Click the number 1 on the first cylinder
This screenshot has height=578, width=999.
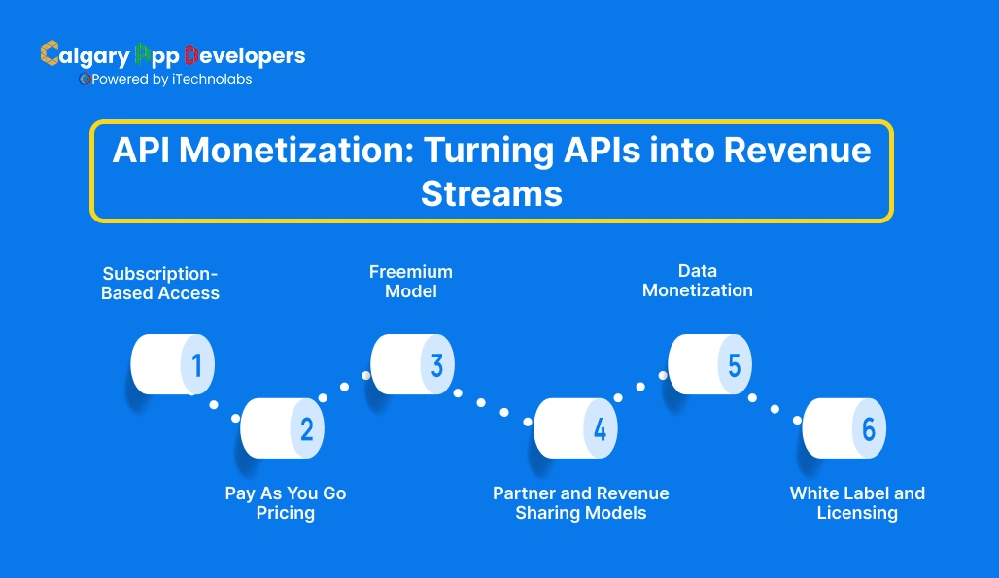pos(197,365)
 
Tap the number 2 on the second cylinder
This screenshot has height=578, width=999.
pos(307,428)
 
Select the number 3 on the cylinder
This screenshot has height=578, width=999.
pos(437,365)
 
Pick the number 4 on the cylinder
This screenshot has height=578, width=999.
pos(601,428)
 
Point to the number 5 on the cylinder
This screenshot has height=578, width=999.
pos(735,365)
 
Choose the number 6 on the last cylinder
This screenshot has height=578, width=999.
pos(869,428)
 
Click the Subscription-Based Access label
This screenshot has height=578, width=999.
pos(160,283)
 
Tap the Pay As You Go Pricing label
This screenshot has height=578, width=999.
pos(286,502)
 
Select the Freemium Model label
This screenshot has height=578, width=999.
pos(411,281)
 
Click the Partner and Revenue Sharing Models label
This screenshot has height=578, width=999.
pos(581,502)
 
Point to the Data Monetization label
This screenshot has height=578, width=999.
pos(698,280)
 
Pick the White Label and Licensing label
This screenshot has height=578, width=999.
pos(857,502)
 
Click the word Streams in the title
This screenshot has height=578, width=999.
pos(492,193)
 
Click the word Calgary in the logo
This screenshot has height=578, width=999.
pos(84,55)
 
